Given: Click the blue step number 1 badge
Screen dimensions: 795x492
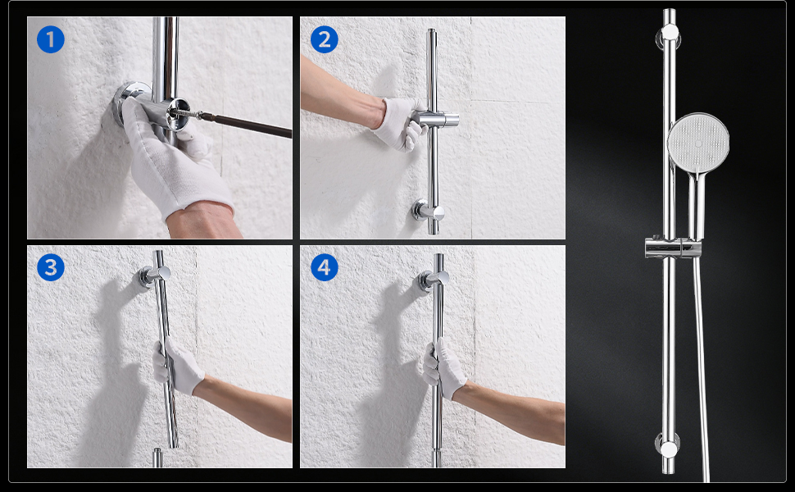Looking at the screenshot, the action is [x=51, y=39].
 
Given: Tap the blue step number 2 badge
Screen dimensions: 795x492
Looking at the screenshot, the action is [x=324, y=39].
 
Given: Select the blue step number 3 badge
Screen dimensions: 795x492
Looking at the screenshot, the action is [x=51, y=267].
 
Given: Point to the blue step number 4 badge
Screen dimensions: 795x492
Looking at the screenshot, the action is [x=324, y=267].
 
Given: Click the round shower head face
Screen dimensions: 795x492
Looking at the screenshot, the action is [x=698, y=143].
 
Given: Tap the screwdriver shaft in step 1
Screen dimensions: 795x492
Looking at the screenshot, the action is [x=243, y=125].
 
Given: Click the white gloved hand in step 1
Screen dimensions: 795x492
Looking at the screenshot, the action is [x=172, y=158].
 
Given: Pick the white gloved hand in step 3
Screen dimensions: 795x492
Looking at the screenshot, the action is [x=178, y=367].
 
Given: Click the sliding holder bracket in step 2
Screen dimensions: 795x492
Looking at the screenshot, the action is [x=437, y=120].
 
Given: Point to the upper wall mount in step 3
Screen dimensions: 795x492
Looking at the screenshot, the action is [x=153, y=276].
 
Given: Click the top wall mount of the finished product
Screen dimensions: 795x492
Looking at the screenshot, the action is [x=670, y=34].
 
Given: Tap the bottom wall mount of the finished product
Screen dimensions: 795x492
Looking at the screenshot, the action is [x=668, y=448].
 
